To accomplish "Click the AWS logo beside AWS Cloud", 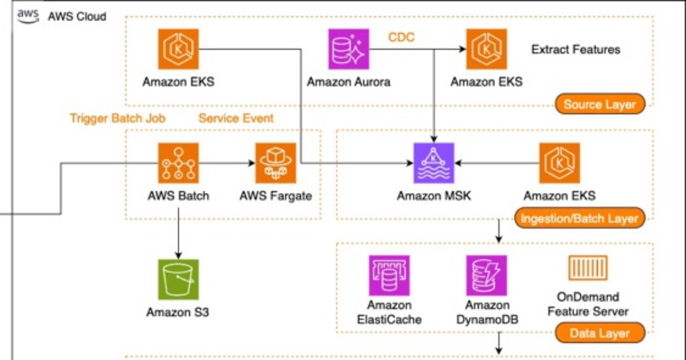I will tap(27, 15).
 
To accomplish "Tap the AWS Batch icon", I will tap(178, 163).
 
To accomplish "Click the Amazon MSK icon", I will tap(434, 163).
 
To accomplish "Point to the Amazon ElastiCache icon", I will tap(389, 275).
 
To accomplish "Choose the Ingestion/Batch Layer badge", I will tap(579, 219).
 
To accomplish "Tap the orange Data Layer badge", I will tap(599, 333).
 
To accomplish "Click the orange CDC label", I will tap(401, 38).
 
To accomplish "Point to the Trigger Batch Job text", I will tap(118, 118).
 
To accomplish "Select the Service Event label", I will tap(236, 118).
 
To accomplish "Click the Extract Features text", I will tap(576, 50).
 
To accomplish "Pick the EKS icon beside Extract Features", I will tap(486, 50).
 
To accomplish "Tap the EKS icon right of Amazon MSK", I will tap(560, 163).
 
